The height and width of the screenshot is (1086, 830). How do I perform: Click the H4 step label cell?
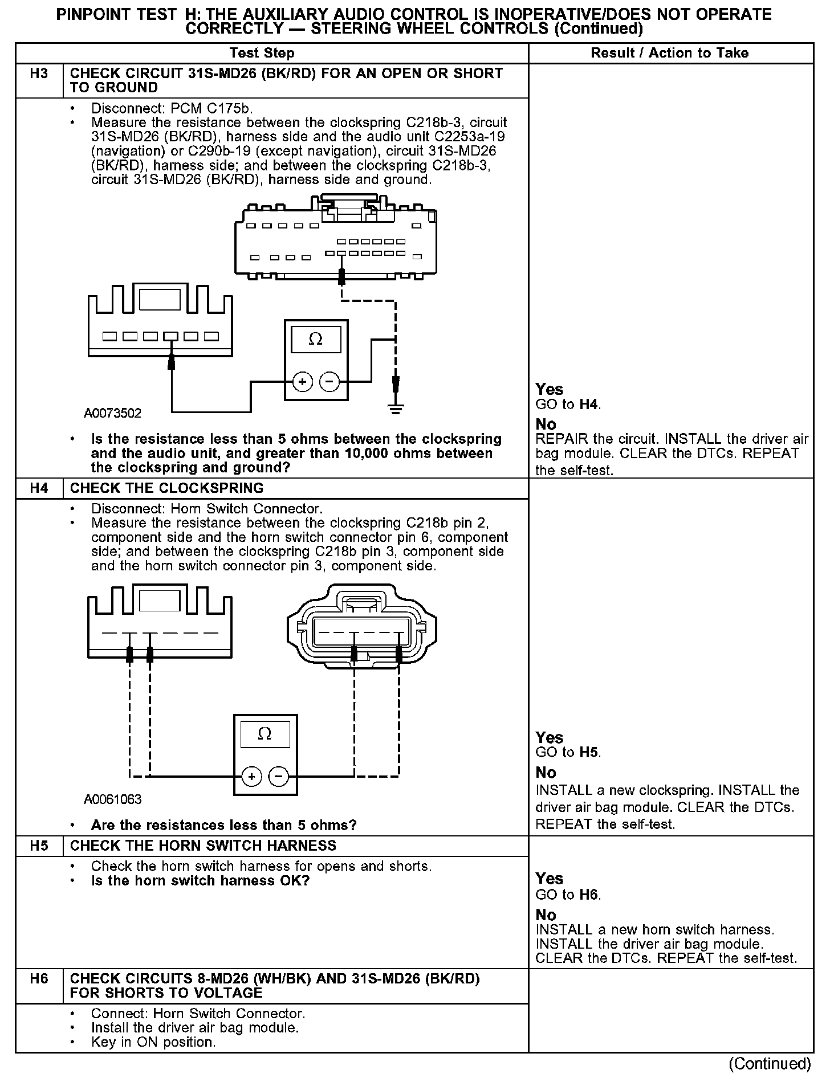(39, 488)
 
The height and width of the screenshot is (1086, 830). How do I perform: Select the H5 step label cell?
(39, 846)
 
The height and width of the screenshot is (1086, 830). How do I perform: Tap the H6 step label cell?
(39, 979)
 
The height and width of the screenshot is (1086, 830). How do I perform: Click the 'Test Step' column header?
(262, 54)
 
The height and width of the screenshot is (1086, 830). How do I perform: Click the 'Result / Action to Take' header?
(670, 54)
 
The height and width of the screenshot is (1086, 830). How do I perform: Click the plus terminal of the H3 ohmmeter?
(303, 381)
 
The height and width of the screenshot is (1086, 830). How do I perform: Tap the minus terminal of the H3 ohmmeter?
(329, 381)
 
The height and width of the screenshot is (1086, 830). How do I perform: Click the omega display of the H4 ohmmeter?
(265, 734)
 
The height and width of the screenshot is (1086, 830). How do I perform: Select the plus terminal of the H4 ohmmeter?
(251, 776)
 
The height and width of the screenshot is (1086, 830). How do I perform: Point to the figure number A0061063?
(112, 799)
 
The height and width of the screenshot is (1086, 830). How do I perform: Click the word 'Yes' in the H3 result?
(550, 390)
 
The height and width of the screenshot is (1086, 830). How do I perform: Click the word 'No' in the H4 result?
(546, 773)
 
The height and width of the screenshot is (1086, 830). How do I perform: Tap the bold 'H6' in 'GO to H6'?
(589, 895)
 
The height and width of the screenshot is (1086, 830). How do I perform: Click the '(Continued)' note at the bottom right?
(769, 1064)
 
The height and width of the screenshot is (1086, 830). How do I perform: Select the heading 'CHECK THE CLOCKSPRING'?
(167, 488)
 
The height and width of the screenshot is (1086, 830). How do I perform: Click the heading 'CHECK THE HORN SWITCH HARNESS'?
(203, 846)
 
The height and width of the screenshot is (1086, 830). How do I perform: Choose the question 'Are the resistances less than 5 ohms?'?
(223, 825)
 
